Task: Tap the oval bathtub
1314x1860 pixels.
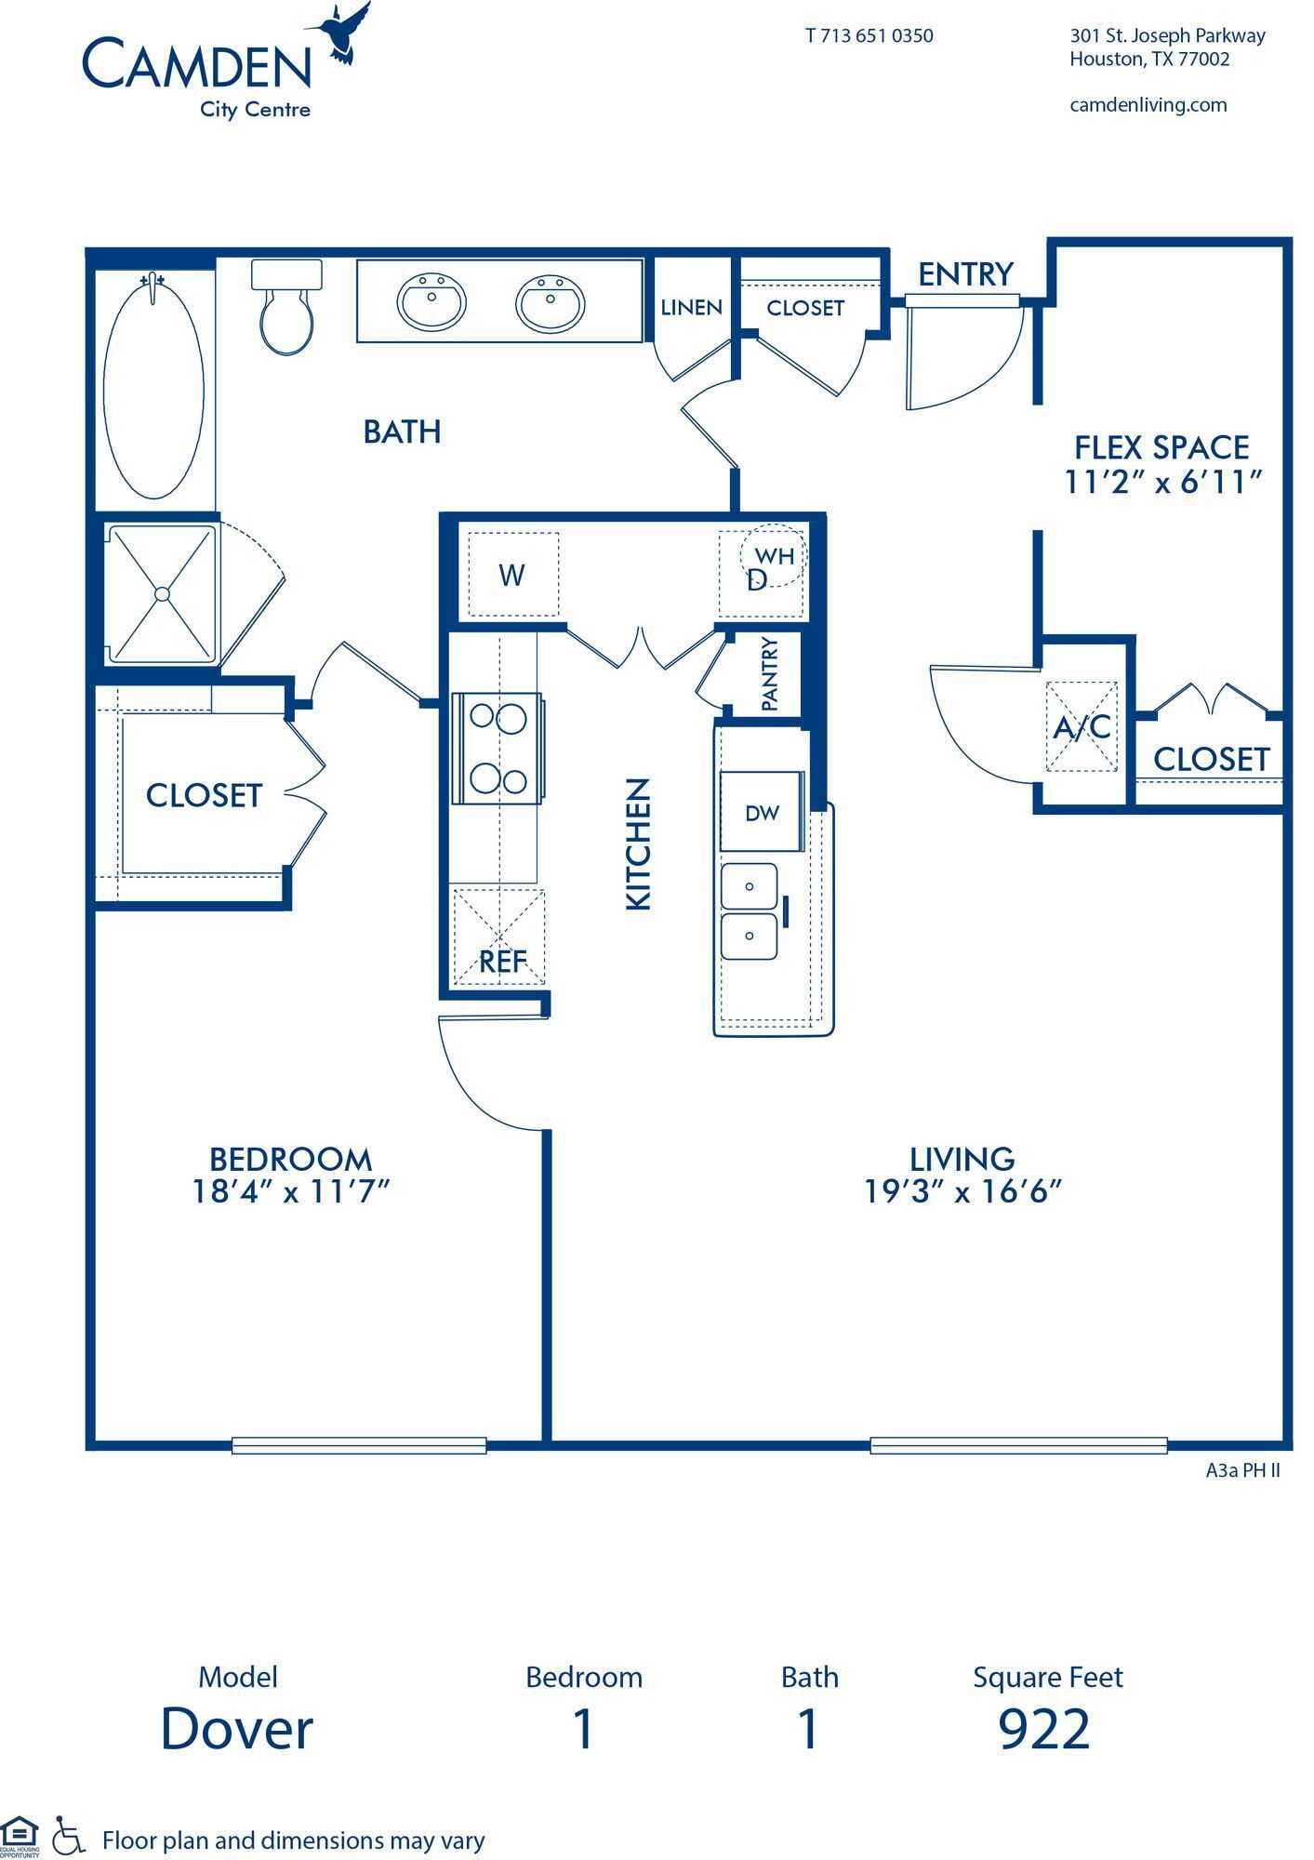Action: [x=153, y=390]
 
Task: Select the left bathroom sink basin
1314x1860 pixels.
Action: [x=431, y=300]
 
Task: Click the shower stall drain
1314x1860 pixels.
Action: [x=163, y=593]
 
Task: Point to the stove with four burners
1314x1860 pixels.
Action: [x=498, y=748]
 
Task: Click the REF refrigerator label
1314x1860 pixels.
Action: [x=501, y=961]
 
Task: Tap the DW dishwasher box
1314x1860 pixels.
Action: [x=762, y=812]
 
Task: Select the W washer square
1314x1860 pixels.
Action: [x=512, y=575]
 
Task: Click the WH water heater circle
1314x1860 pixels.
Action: [x=774, y=556]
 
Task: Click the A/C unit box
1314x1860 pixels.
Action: [x=1082, y=726]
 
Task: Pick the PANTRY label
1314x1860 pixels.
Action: [x=769, y=673]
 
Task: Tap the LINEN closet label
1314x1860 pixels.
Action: [x=691, y=308]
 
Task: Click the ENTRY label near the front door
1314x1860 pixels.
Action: [x=965, y=274]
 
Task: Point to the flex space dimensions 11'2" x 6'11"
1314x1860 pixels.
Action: [x=1161, y=482]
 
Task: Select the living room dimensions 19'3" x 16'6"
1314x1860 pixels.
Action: [x=962, y=1190]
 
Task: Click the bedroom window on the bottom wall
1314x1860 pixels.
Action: [x=359, y=1444]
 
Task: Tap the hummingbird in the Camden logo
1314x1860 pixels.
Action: [x=346, y=33]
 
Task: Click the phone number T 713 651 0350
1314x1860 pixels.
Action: [x=869, y=36]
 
